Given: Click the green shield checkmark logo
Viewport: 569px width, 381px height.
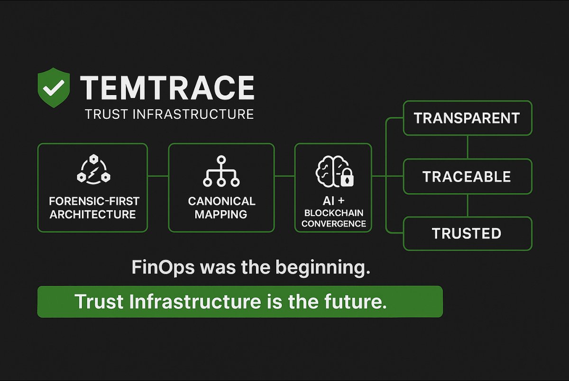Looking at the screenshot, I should click(x=54, y=87).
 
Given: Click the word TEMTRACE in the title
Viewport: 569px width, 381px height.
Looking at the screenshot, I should click(x=167, y=88).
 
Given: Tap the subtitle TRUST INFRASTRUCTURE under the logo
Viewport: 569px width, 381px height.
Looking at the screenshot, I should click(x=168, y=114).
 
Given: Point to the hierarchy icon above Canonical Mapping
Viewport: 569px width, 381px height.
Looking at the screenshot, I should click(x=221, y=171).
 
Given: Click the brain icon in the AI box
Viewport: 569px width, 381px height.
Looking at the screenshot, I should click(x=328, y=170).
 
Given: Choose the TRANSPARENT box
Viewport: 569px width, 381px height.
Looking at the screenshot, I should click(x=467, y=118).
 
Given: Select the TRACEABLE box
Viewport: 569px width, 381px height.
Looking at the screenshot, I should click(x=467, y=177).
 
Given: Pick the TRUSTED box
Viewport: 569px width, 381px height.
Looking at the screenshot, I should click(x=467, y=233).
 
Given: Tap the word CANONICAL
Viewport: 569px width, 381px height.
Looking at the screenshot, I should click(x=221, y=201).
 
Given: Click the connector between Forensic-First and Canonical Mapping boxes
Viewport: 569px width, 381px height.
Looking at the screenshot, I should click(x=158, y=176).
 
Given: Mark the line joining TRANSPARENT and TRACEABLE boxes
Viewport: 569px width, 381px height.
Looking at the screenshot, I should click(x=468, y=147).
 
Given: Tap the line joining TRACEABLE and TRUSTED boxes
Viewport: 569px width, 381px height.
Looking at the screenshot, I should click(x=468, y=205).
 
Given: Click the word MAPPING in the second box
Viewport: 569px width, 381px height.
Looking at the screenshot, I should click(x=221, y=214).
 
